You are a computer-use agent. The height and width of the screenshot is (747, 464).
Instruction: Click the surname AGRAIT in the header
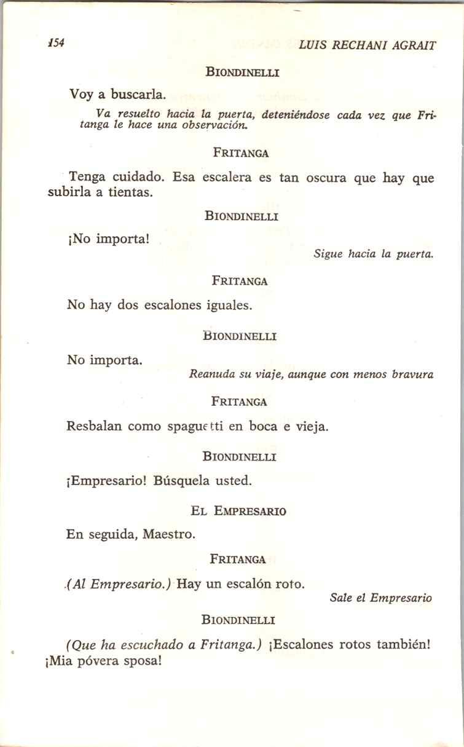pyautogui.click(x=412, y=45)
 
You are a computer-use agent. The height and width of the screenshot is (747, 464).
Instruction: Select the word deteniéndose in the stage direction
pyautogui.click(x=296, y=115)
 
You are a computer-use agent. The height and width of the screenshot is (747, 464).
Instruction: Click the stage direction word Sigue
pyautogui.click(x=328, y=253)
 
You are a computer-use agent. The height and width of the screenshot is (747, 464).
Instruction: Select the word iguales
pyautogui.click(x=229, y=305)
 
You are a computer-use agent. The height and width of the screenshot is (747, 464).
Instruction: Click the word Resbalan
pyautogui.click(x=95, y=427)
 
